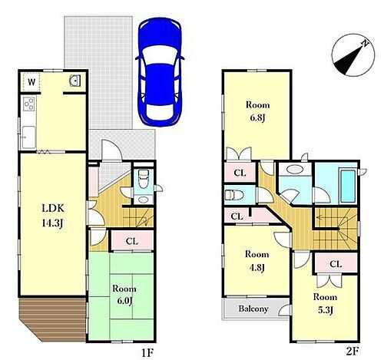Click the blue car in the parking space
160,71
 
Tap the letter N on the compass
365,44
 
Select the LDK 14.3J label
53,216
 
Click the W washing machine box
31,82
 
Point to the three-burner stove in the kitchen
28,104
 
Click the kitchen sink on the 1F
28,137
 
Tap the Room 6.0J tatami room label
124,295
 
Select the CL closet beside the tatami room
132,241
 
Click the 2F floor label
352,351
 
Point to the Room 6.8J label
257,111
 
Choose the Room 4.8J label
257,260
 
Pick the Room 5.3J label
325,303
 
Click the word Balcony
253,309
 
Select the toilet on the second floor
233,196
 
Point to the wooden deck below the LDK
52,319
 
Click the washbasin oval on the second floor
295,169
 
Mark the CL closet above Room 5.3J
336,263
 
